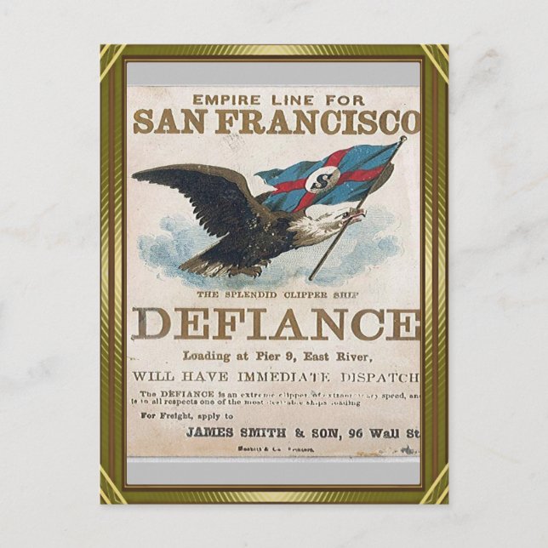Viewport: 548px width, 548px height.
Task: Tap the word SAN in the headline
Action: (x=165, y=122)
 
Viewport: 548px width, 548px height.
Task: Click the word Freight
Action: (x=177, y=416)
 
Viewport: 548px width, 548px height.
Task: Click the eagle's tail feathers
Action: (x=194, y=265)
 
